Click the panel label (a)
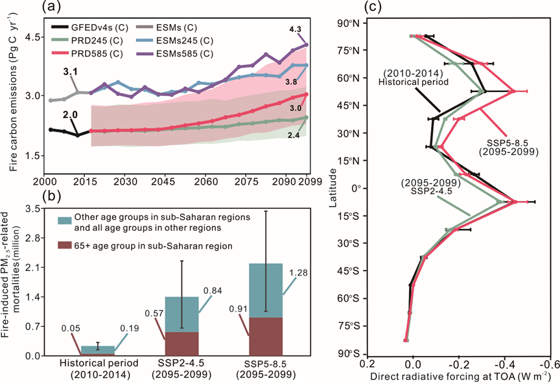(52, 8)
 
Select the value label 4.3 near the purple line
(296, 29)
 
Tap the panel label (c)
(376, 8)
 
